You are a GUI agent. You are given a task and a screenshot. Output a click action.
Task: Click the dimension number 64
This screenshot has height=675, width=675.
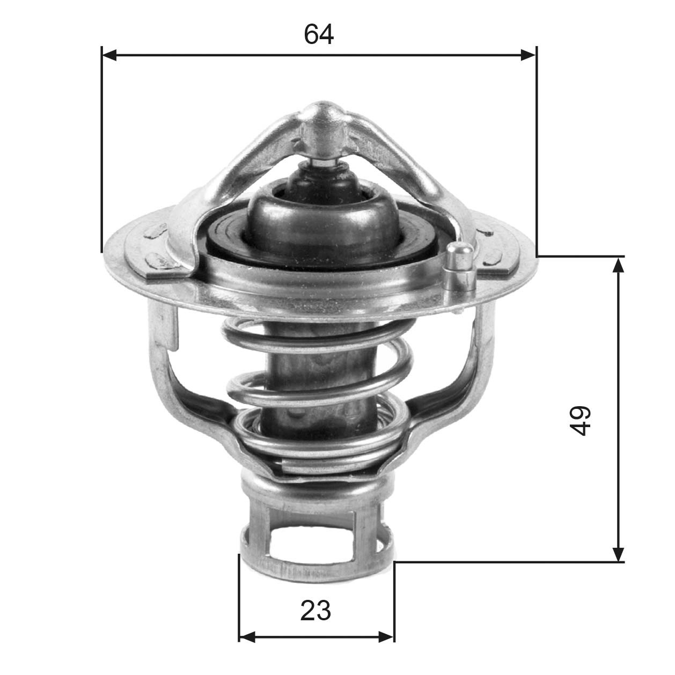pyautogui.click(x=319, y=34)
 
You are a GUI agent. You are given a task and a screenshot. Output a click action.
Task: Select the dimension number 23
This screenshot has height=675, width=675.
pyautogui.click(x=316, y=611)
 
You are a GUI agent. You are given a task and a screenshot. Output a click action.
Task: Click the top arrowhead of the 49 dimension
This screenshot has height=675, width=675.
pyautogui.click(x=619, y=265)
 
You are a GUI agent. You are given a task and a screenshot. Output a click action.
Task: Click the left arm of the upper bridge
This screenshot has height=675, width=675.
pyautogui.click(x=241, y=161)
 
